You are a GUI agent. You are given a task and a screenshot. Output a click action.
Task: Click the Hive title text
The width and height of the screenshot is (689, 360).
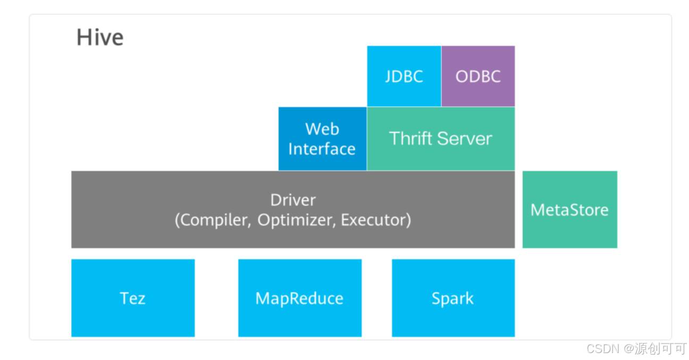[100, 37]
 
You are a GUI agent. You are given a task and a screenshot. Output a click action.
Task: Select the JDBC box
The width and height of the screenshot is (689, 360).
[404, 76]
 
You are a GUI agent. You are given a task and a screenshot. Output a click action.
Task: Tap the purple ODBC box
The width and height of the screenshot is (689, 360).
[478, 76]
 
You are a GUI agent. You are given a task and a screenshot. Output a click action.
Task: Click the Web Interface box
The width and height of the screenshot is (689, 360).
[323, 139]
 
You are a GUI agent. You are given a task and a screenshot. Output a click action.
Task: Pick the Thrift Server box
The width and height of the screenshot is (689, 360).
[441, 139]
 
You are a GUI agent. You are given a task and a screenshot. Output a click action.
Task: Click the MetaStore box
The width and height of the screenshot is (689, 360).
[570, 210]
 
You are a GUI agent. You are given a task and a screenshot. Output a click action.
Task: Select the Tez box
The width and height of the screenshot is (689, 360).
[133, 298]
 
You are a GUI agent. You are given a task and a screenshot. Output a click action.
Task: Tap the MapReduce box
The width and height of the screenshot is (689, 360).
[300, 298]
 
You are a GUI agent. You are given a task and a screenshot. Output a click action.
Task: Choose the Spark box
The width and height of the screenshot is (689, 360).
[453, 298]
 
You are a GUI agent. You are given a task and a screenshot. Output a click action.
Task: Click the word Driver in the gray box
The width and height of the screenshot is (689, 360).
[293, 200]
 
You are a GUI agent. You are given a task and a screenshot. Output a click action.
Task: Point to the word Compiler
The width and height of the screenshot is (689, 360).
[215, 220]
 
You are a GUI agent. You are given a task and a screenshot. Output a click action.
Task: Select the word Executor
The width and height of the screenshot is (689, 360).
[374, 220]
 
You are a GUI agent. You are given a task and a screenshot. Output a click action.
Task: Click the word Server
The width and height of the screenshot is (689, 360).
[465, 139]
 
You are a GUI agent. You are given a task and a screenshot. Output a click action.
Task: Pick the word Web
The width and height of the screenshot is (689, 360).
[322, 129]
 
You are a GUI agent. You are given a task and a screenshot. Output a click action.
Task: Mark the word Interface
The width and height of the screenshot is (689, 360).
[322, 149]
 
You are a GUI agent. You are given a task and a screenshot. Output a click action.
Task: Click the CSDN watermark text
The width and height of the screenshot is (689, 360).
[602, 349]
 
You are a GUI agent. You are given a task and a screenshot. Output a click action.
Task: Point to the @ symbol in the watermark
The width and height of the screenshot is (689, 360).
[628, 349]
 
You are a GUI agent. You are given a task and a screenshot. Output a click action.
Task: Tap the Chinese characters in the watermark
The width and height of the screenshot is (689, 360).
[661, 349]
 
